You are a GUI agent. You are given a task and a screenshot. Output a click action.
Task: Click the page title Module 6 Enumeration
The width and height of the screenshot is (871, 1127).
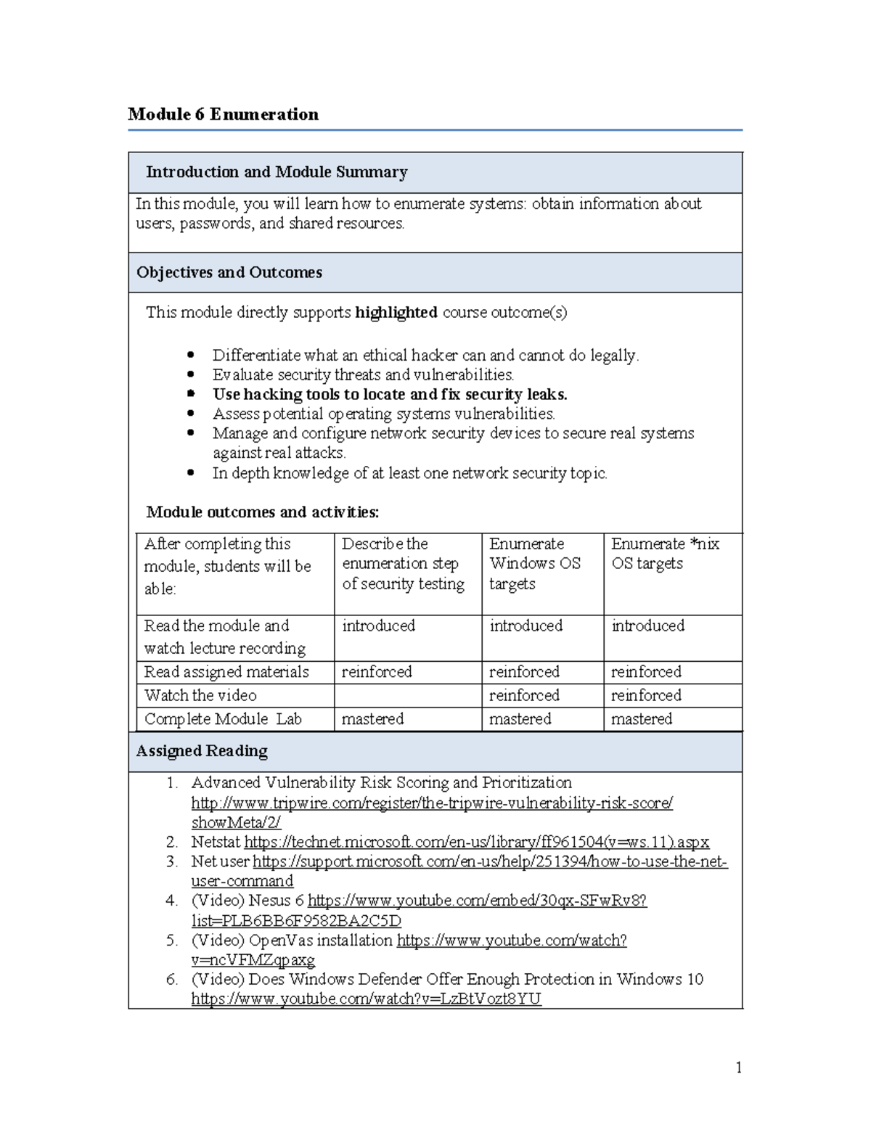coord(223,114)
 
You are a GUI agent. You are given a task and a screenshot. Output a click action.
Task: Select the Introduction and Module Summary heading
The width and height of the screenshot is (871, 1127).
coord(277,172)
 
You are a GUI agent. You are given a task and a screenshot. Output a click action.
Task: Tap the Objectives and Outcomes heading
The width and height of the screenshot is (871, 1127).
coord(229,272)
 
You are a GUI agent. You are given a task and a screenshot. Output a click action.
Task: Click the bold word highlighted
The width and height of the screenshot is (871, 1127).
coord(396,312)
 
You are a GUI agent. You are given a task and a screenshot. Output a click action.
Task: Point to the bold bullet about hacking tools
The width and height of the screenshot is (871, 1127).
coord(390,394)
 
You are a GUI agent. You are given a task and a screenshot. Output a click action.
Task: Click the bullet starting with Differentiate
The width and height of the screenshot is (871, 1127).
coord(425,355)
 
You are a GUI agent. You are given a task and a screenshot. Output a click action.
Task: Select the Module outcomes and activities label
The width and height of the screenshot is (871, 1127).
coord(262,512)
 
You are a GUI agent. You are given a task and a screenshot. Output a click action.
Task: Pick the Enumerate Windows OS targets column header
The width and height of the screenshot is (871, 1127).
coord(535,563)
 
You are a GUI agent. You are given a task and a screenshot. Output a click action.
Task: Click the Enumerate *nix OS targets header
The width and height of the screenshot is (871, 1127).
coord(665,553)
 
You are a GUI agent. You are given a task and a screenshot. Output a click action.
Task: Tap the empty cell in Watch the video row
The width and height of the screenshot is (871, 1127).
coord(407,695)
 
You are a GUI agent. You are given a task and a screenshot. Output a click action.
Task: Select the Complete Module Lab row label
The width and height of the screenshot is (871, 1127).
coord(223,718)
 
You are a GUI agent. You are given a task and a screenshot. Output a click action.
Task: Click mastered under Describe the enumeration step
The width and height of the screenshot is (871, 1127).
coord(372,718)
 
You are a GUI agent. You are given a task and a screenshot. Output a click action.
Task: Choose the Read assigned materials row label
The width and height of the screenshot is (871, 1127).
coord(226,671)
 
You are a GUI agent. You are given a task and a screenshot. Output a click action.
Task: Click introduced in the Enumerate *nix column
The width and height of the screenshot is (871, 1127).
coord(647,625)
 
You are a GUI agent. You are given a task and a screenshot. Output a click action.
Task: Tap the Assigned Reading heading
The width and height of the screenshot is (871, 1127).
coord(202,750)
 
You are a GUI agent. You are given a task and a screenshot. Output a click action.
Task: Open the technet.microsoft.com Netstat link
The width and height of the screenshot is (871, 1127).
coord(476,842)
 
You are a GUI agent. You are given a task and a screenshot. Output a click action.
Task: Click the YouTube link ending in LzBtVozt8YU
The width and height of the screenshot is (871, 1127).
coord(366,999)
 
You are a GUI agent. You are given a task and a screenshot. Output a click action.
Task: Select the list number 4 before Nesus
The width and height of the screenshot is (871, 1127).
coord(171,901)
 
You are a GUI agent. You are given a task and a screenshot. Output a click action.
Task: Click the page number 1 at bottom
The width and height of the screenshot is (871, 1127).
coord(738,1067)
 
